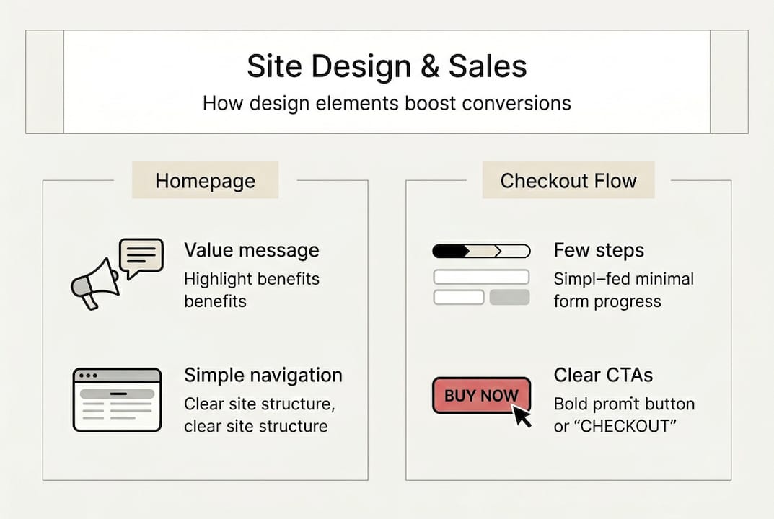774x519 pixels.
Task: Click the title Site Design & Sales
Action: coord(387,66)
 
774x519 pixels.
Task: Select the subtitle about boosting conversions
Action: coord(387,103)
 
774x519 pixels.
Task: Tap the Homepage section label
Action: coord(205,180)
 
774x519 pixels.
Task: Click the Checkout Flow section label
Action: coord(568,180)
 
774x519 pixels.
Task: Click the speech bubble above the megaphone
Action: coord(141,257)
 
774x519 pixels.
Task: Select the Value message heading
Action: coord(251,250)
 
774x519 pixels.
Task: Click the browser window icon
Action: coord(117,399)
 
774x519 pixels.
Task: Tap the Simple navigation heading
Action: coord(263,375)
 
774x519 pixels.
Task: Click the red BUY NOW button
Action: coord(480,395)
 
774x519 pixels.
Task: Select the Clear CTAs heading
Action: coord(603,375)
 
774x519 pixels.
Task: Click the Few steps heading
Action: coord(599,250)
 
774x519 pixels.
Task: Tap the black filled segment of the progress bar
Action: coord(449,252)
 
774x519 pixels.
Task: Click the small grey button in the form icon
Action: coord(509,297)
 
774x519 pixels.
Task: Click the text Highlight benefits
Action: coord(251,278)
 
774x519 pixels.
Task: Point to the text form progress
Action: coord(607,301)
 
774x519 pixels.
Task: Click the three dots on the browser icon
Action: coord(89,376)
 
